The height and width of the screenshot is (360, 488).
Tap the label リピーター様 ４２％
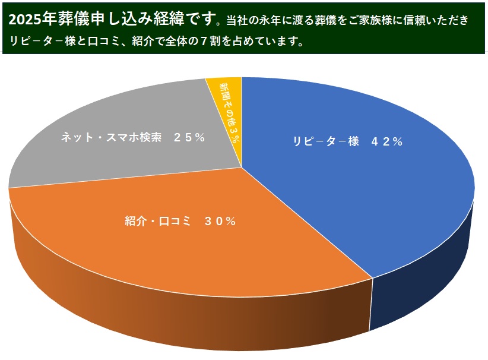(347, 141)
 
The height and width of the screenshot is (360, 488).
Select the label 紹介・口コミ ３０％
(180, 222)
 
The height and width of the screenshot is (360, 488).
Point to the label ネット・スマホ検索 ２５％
(134, 137)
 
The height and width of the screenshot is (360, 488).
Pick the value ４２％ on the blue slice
(387, 141)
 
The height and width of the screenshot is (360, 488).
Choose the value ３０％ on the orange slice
(220, 222)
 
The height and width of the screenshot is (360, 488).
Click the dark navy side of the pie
(427, 279)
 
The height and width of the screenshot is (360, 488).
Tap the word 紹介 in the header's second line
(151, 42)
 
